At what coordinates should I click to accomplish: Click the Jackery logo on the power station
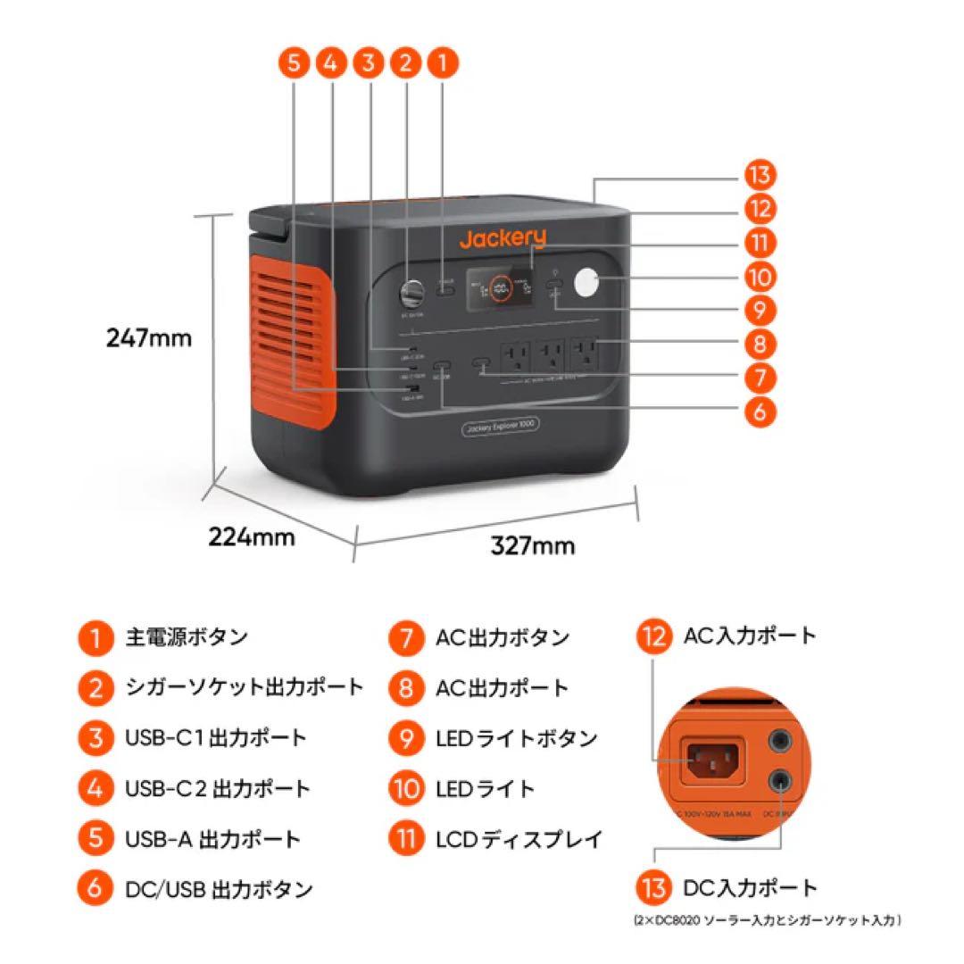[503, 238]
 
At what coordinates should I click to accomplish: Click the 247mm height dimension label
[149, 338]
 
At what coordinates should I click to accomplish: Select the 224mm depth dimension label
[252, 536]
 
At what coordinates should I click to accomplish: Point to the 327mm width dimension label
[533, 544]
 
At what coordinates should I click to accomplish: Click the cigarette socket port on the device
[414, 293]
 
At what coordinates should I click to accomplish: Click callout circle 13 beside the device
[759, 175]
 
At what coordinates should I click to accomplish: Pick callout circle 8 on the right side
[759, 344]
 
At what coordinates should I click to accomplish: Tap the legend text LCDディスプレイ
[519, 839]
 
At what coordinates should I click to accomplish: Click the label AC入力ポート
[750, 636]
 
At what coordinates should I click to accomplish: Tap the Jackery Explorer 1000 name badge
[500, 428]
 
